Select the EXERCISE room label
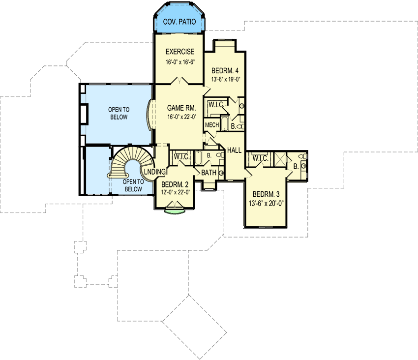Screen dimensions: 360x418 tap(179, 52)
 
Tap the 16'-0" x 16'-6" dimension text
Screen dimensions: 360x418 tap(179, 62)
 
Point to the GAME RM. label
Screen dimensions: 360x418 tap(181, 108)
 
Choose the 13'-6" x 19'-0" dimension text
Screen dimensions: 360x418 tap(225, 79)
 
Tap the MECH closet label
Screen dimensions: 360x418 tap(212, 125)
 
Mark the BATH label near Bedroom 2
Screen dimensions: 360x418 tap(209, 172)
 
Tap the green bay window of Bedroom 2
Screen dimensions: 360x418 tap(175, 211)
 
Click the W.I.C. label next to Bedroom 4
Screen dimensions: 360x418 tap(217, 105)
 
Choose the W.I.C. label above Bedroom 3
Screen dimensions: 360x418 tap(260, 158)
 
